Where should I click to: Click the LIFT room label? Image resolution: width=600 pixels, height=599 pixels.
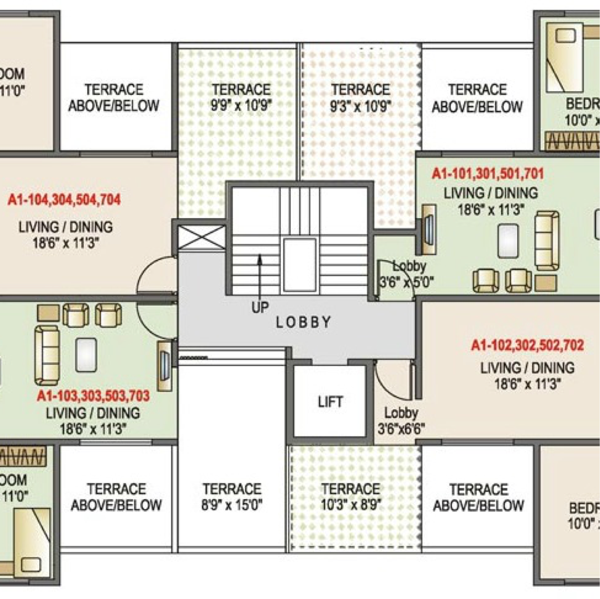[330, 402]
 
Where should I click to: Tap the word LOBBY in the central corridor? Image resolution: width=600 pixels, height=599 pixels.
[304, 322]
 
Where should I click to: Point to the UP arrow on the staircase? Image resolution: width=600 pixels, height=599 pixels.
[259, 277]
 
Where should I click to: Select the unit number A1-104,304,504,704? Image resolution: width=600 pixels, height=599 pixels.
[64, 200]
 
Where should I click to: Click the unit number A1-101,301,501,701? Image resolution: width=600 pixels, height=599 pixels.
[487, 174]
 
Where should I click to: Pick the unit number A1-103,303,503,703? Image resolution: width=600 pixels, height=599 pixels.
[93, 396]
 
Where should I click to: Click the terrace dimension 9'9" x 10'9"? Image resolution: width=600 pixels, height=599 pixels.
[241, 106]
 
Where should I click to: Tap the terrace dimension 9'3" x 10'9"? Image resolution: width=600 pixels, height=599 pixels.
[361, 106]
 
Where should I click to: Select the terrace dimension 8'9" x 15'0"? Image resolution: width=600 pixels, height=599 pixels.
[232, 505]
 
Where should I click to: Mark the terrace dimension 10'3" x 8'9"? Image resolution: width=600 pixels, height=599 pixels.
[351, 505]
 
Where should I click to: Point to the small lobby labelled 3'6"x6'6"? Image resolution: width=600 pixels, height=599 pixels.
[401, 428]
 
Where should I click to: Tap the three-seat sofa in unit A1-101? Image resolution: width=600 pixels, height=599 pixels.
[547, 241]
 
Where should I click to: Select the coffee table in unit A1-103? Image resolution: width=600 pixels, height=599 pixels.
[86, 355]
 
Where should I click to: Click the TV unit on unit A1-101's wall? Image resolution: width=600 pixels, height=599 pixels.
[428, 228]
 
